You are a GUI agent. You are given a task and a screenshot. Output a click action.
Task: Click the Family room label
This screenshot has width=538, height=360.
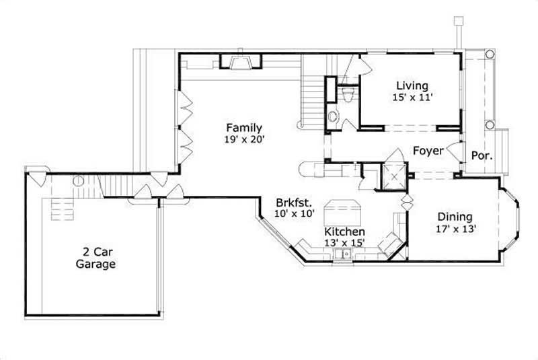coord(243,128)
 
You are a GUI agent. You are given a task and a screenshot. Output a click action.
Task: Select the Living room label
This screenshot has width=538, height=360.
coord(412,85)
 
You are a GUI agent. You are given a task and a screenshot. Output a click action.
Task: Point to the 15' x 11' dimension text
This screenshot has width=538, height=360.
coord(412,98)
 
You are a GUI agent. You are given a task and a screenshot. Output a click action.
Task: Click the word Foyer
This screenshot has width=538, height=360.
coord(428,151)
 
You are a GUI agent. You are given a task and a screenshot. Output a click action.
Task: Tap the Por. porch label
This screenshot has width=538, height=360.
coord(482,155)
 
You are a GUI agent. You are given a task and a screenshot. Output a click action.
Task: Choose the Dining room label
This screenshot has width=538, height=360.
coord(455,217)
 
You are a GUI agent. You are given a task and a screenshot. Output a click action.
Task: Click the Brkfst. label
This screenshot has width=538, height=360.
coord(294,202)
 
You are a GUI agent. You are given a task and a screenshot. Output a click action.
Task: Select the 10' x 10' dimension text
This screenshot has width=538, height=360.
coord(294,214)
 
